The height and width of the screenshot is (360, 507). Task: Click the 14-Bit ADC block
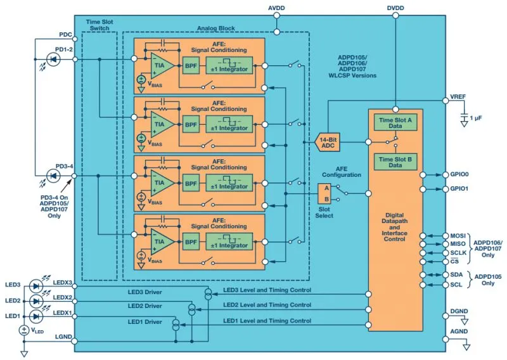click(328, 143)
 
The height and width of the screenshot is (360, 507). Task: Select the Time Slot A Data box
click(395, 122)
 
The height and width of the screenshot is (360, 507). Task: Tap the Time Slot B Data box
click(395, 162)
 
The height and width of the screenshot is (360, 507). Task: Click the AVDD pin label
click(276, 8)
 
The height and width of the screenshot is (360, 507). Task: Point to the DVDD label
click(395, 8)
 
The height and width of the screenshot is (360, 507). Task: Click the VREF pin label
click(458, 97)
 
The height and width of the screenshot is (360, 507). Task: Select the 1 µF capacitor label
click(476, 118)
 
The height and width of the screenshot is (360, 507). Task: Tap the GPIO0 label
click(459, 174)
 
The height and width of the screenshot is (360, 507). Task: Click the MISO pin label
click(458, 244)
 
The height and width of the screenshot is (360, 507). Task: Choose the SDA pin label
click(456, 274)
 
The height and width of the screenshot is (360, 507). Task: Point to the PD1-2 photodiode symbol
click(53, 59)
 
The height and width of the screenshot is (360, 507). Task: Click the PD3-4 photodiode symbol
click(53, 176)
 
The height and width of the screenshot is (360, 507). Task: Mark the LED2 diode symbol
click(36, 301)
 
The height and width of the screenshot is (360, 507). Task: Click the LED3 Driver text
click(144, 292)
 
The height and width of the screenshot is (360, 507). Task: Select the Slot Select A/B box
click(324, 193)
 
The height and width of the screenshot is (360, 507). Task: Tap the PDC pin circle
click(75, 39)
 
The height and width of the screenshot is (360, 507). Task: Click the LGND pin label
click(63, 337)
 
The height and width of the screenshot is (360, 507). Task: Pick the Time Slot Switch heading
click(99, 25)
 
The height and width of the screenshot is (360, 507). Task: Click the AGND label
click(459, 331)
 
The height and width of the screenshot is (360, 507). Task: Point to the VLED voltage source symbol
click(24, 330)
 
